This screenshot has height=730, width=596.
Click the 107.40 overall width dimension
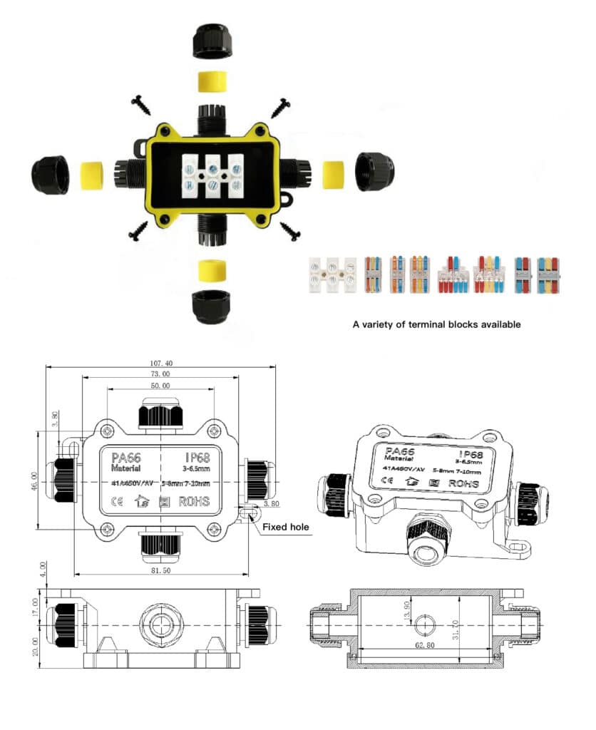[160, 362]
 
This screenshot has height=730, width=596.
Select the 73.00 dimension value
[160, 374]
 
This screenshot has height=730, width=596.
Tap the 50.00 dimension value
[160, 386]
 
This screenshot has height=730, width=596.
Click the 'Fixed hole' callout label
[286, 528]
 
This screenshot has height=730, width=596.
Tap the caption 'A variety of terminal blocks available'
[436, 324]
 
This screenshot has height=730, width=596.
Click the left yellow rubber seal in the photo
[91, 175]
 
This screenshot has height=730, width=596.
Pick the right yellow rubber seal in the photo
[333, 173]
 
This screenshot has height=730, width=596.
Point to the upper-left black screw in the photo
[141, 106]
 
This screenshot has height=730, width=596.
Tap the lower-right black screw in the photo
[290, 231]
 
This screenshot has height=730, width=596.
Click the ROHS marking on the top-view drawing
[194, 500]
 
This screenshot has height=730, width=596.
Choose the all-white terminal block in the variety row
[331, 277]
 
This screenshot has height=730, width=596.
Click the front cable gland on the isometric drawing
[425, 535]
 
